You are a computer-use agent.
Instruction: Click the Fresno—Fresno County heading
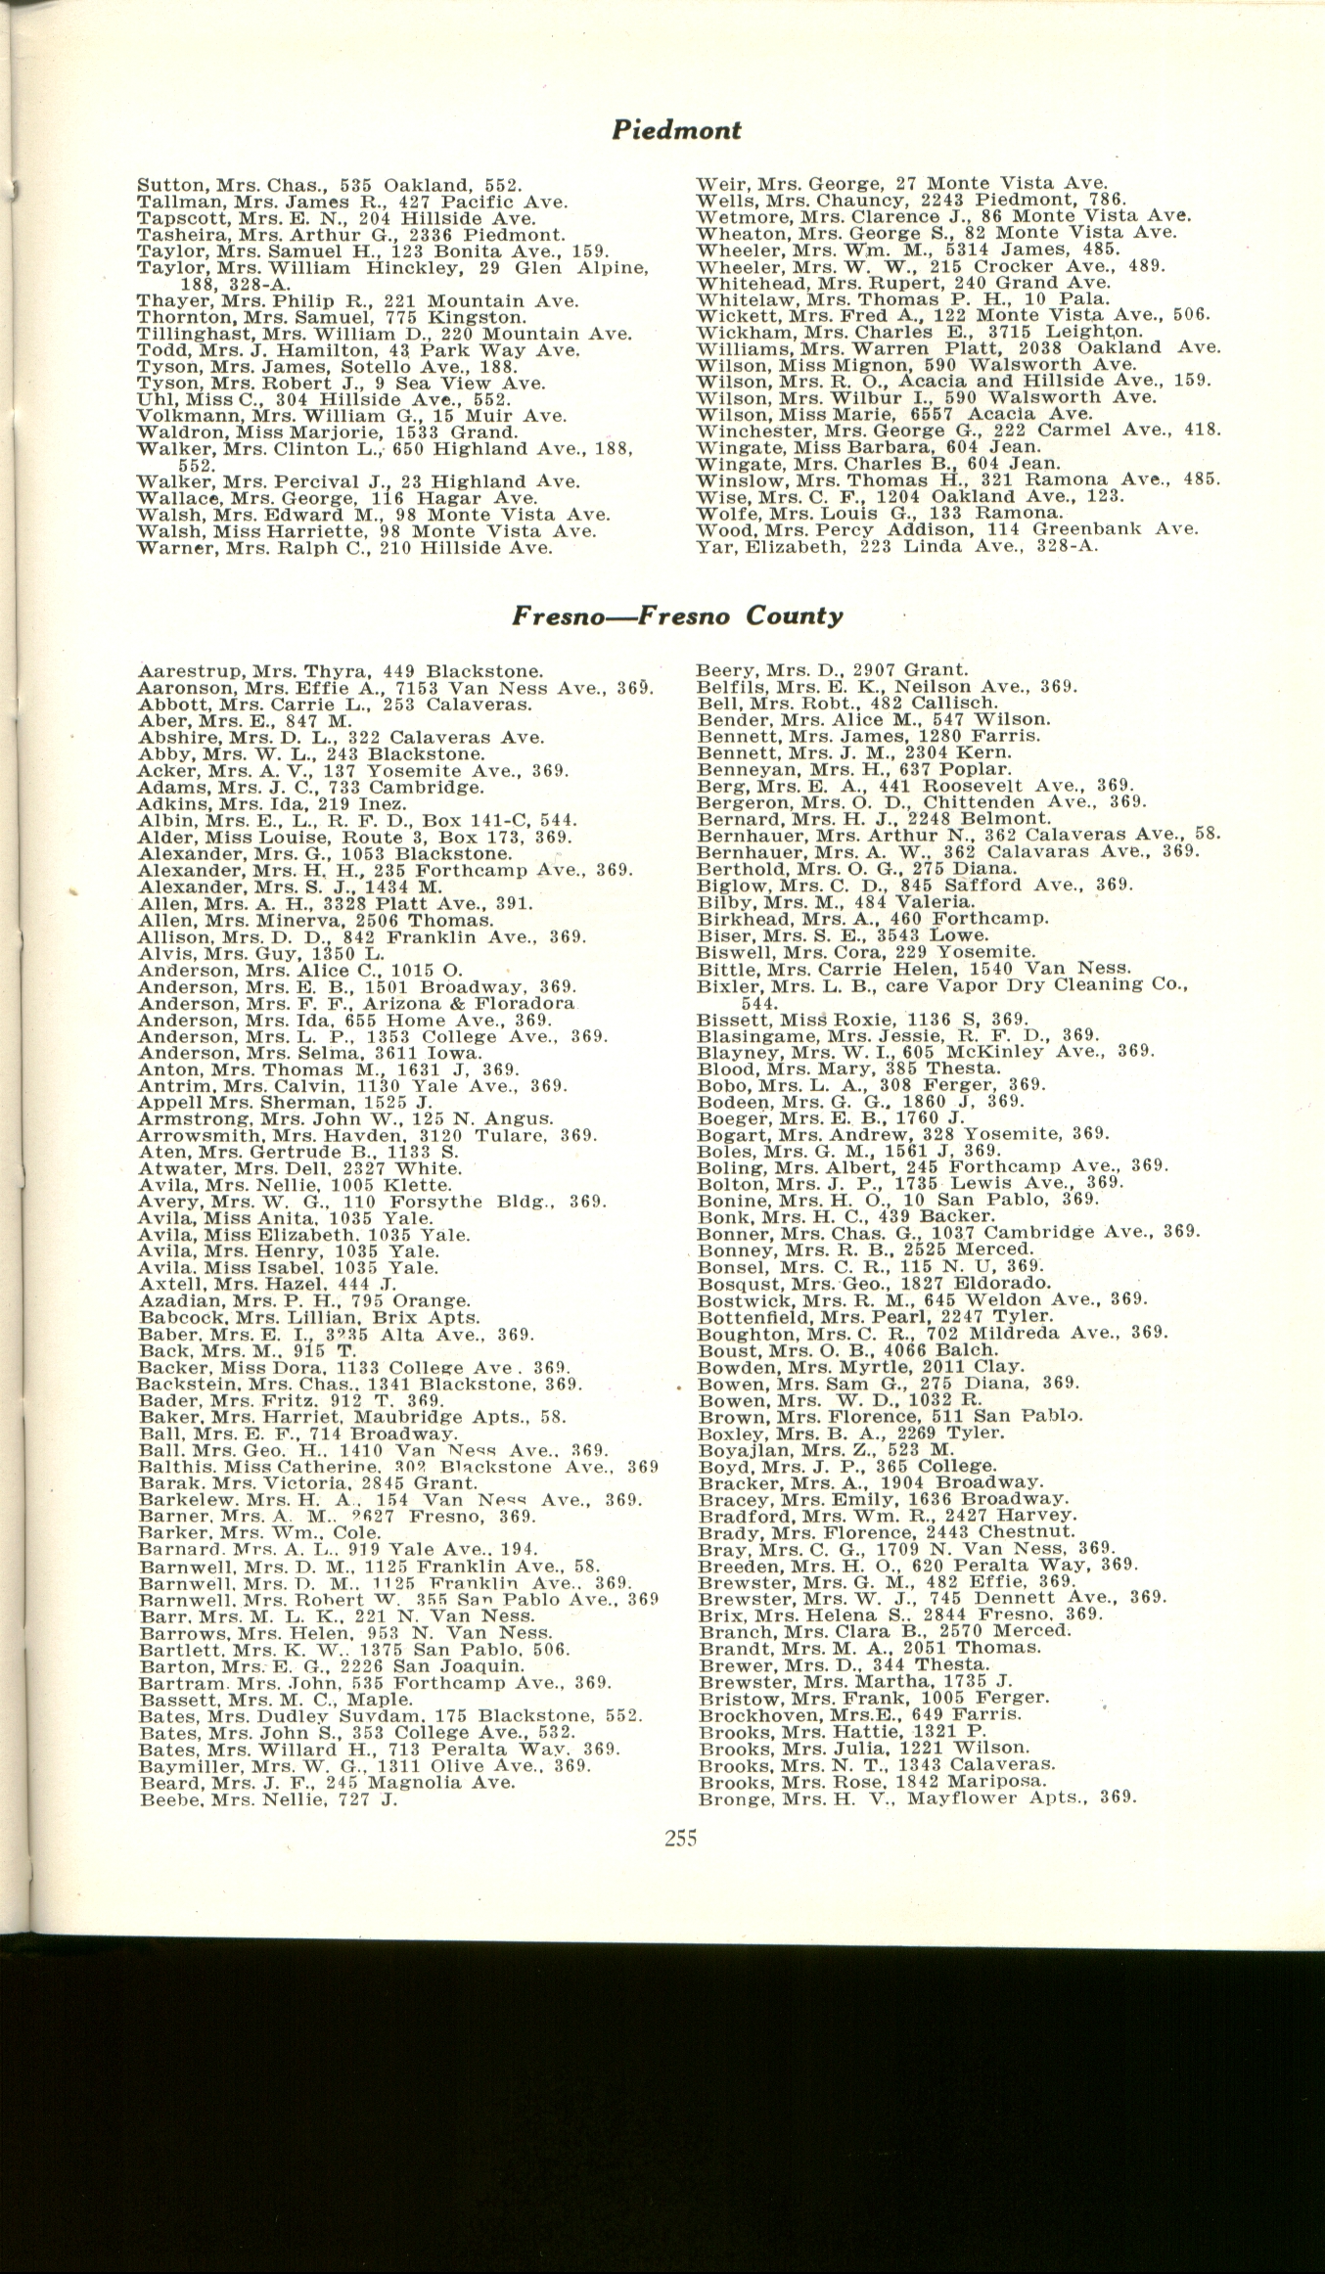pyautogui.click(x=677, y=615)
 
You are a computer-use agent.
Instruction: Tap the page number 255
pyautogui.click(x=680, y=1839)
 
